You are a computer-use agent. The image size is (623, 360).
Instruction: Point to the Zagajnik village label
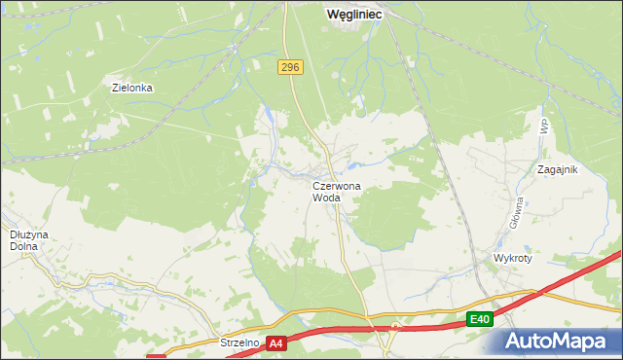click(558, 169)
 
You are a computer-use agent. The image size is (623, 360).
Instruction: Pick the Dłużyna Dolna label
click(23, 240)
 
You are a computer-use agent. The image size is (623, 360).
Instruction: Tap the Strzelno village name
click(238, 342)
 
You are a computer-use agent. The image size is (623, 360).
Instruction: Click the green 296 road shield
click(290, 67)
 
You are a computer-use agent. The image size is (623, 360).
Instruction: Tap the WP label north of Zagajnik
click(543, 126)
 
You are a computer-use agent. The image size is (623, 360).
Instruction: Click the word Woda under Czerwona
click(326, 198)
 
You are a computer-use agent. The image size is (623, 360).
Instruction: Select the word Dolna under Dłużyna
click(23, 246)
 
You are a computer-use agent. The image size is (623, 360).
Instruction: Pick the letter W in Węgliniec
click(333, 15)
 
